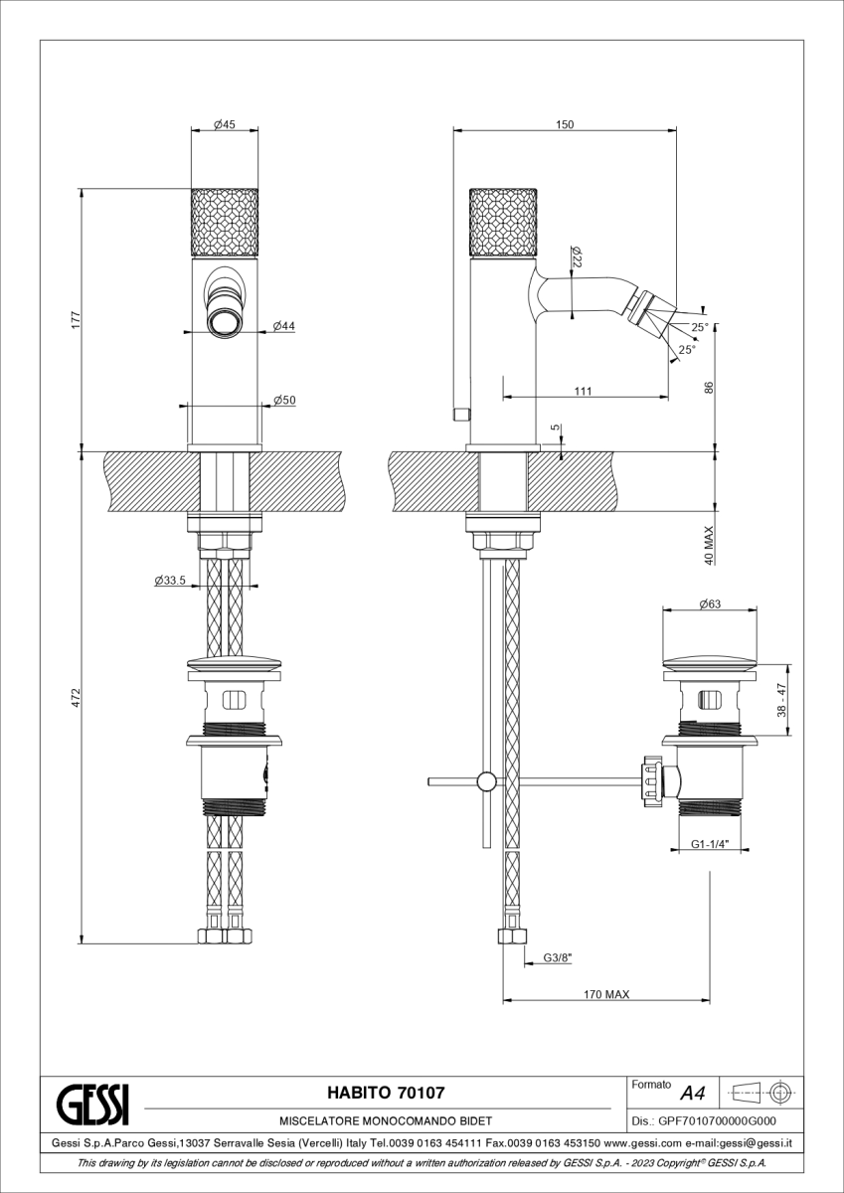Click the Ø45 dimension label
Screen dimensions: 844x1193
click(225, 124)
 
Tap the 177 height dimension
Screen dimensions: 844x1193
click(76, 319)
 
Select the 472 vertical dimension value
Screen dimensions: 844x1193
click(76, 698)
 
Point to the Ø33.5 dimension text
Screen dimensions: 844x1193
click(170, 580)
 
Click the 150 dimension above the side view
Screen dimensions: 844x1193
click(565, 124)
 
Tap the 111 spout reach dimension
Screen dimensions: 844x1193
click(584, 391)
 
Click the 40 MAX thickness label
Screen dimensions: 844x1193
click(709, 546)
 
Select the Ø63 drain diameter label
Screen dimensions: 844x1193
click(710, 604)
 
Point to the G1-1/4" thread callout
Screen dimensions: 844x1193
click(710, 844)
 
